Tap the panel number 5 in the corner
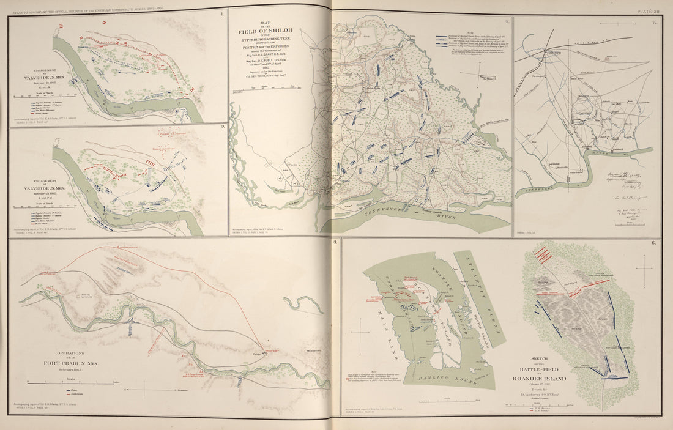tap(654, 23)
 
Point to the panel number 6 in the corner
tap(654, 244)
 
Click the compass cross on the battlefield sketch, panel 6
tap(645, 267)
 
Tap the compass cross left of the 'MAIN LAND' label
tap(362, 333)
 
